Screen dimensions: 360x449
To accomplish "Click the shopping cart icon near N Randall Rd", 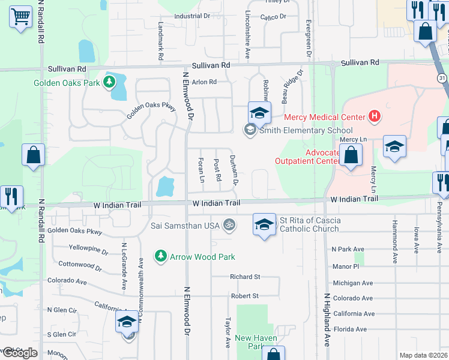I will [21, 16].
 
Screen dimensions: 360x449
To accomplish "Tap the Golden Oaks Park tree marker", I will [109, 82].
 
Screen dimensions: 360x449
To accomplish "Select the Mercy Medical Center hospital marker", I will [375, 116].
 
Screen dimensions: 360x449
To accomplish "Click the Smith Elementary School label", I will [306, 130].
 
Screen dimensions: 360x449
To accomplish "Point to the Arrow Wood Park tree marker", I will [160, 256].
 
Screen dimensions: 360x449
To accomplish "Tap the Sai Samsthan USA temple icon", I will [228, 225].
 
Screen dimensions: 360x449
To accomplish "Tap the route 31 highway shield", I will [441, 79].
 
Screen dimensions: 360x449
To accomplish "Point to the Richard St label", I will [244, 277].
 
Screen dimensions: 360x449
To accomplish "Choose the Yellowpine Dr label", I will [88, 247].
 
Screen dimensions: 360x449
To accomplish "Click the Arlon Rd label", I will [203, 82].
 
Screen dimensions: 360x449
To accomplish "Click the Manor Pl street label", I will [345, 265].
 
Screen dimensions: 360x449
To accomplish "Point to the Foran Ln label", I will [202, 170].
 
